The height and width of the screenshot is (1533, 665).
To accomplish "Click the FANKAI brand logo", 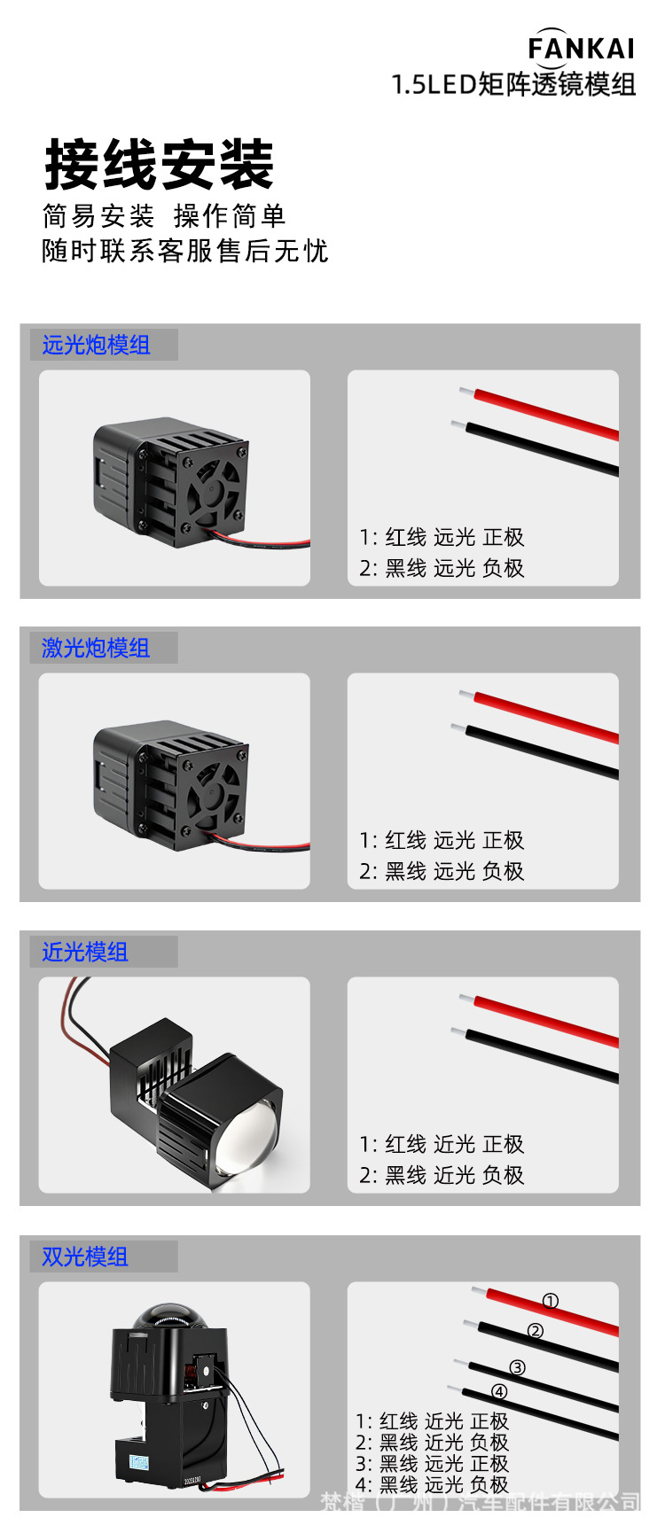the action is click(581, 48).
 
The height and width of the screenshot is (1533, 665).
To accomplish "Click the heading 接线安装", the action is click(160, 165).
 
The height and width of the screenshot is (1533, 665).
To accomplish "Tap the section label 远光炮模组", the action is click(96, 345).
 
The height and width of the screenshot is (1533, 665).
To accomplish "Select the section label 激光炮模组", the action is click(96, 648).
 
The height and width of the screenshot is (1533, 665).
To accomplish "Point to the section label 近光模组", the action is click(85, 952).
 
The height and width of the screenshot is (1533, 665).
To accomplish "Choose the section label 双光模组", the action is click(85, 1257).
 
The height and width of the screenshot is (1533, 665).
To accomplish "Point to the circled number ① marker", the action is click(551, 1301).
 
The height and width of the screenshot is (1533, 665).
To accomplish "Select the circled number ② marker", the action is click(536, 1331).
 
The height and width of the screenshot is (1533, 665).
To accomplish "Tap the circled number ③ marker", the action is click(518, 1367).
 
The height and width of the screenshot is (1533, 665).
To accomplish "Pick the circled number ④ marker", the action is click(499, 1392).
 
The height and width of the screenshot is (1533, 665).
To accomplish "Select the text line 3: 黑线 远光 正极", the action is click(432, 1464).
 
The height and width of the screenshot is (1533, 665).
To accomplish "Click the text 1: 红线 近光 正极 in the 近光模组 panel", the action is click(442, 1144).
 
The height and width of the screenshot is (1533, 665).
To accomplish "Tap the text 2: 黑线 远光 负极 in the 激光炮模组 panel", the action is click(442, 871).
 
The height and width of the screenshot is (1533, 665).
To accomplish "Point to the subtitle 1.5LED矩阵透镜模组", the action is click(513, 84).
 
